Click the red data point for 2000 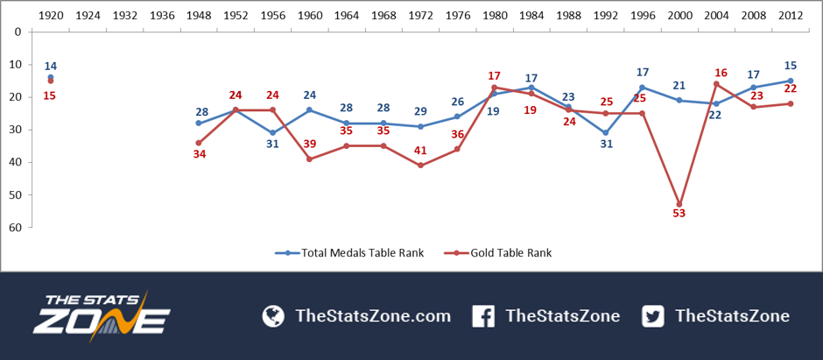tap(679, 204)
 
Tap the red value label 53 tap(679, 214)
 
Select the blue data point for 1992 tap(605, 133)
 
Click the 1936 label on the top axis tap(162, 15)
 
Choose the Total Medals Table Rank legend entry tap(349, 253)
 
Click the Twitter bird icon tap(653, 316)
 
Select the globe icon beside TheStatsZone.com tap(273, 316)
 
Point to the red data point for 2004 tap(716, 84)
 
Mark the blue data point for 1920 tap(51, 77)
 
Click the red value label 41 tap(420, 151)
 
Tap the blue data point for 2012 tap(790, 81)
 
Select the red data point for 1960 tap(309, 159)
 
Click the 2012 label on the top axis tap(791, 15)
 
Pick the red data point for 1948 tap(199, 143)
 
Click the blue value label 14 tap(51, 66)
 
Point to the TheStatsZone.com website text tap(373, 316)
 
